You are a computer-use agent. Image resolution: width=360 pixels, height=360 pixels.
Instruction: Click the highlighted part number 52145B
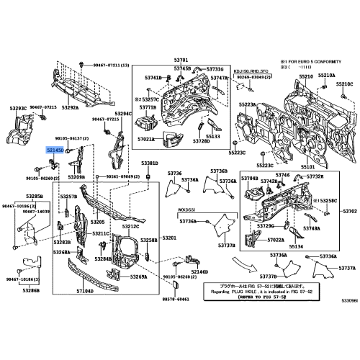(55, 148)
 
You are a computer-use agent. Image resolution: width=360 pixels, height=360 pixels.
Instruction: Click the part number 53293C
(18, 108)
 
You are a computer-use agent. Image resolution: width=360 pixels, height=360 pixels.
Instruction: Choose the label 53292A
(69, 108)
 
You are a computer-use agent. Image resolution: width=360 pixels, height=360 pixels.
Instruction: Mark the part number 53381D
(149, 164)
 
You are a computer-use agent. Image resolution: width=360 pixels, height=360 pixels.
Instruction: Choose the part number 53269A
(138, 276)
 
